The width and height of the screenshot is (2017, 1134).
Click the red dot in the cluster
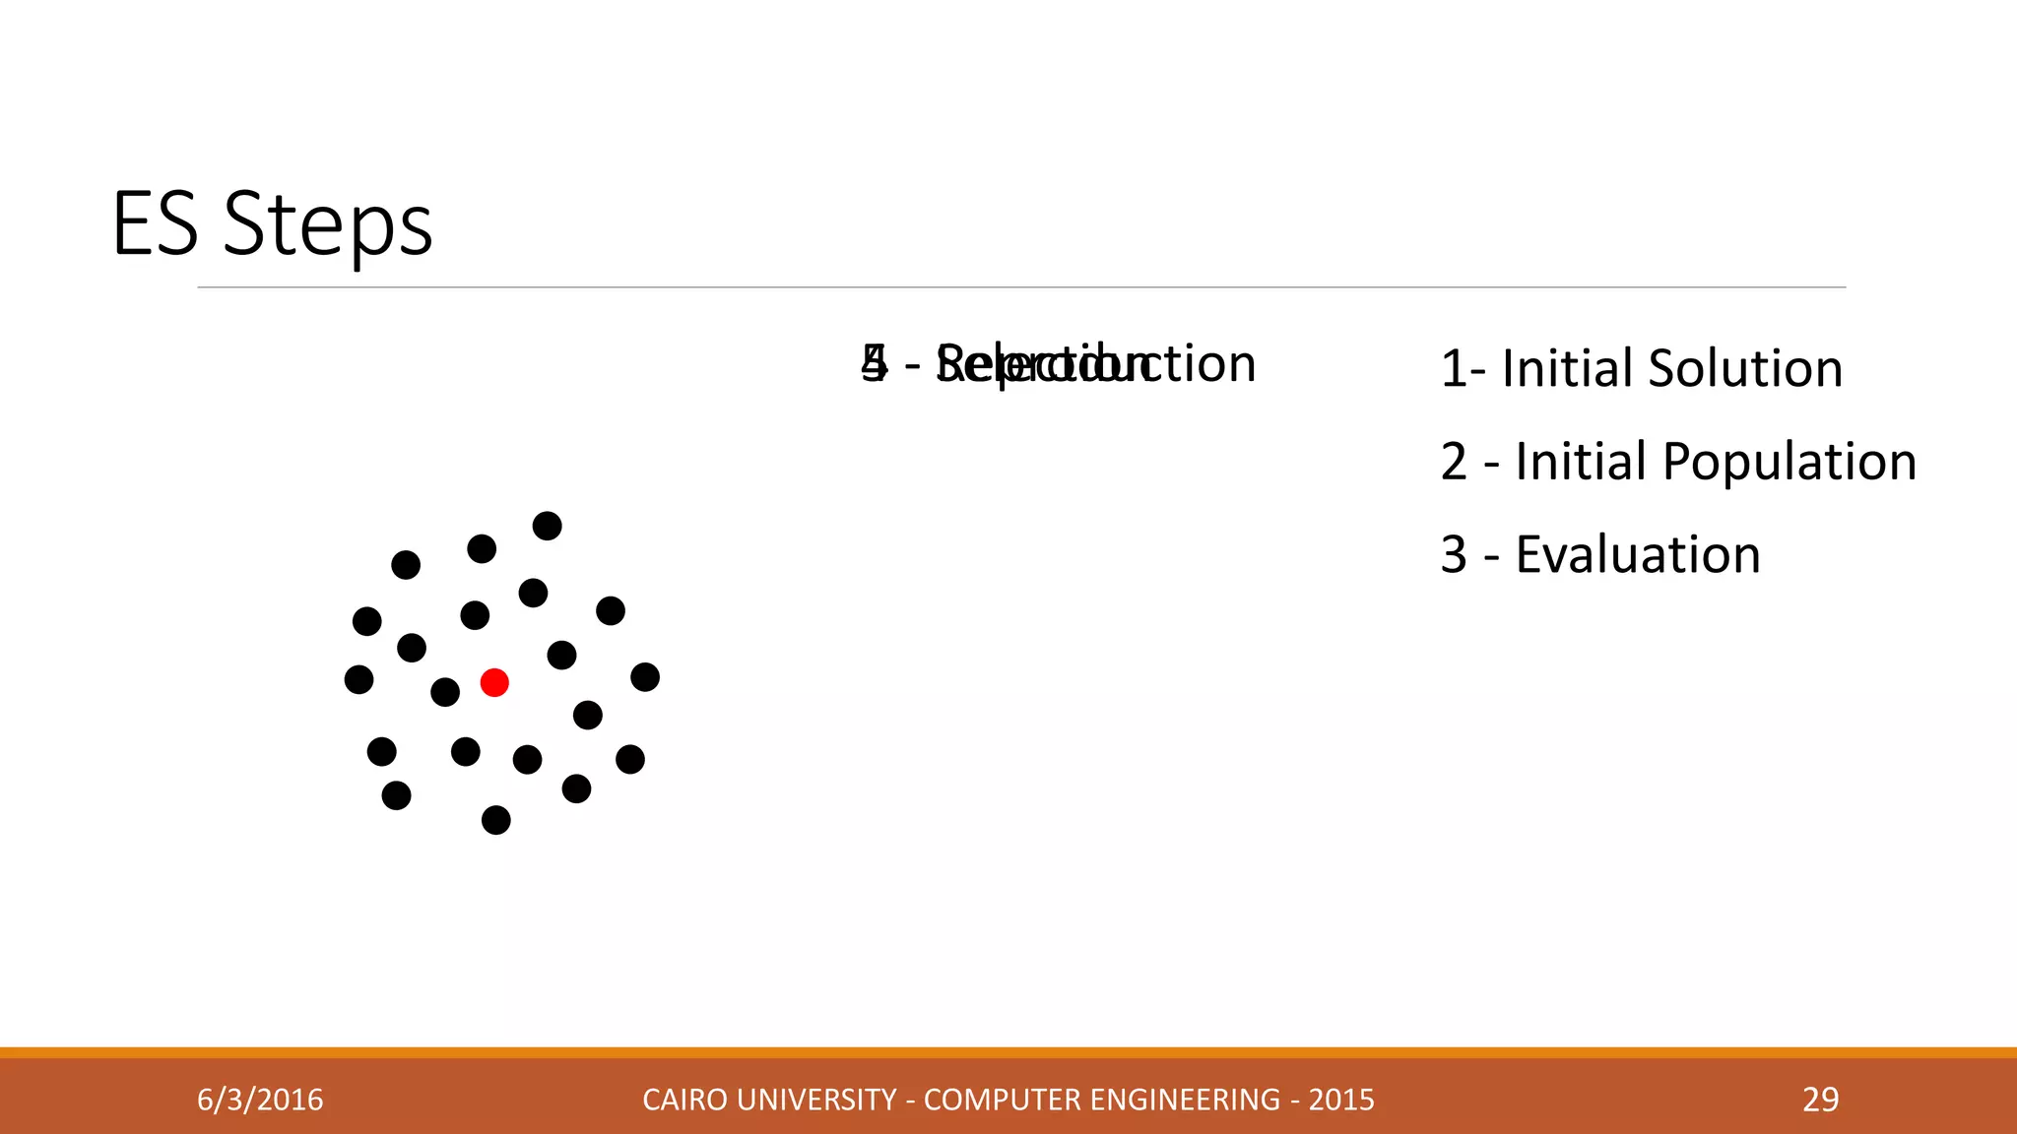(494, 682)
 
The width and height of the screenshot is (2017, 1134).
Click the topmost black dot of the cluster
(547, 526)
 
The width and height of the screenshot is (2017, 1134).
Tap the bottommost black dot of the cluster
(495, 820)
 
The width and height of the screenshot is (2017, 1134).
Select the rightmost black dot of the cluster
(645, 677)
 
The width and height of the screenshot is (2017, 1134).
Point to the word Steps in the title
(328, 225)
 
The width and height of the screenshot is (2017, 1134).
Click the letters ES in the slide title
(156, 224)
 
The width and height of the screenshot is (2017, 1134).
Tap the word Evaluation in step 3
(1637, 555)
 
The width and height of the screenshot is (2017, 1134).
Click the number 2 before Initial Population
(1454, 462)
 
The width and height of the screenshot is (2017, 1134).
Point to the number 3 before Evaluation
(1454, 555)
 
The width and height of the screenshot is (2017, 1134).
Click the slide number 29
(1820, 1100)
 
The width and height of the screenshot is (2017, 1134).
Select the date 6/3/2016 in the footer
(260, 1100)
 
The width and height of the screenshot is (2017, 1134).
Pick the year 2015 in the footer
(1340, 1100)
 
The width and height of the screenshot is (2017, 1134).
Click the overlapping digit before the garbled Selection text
(874, 363)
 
